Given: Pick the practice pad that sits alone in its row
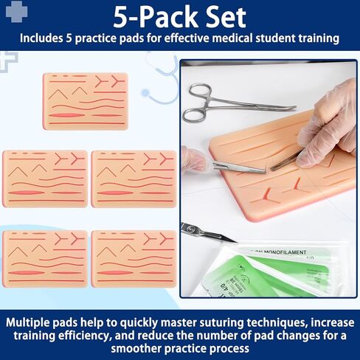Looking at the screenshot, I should click(86, 100).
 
